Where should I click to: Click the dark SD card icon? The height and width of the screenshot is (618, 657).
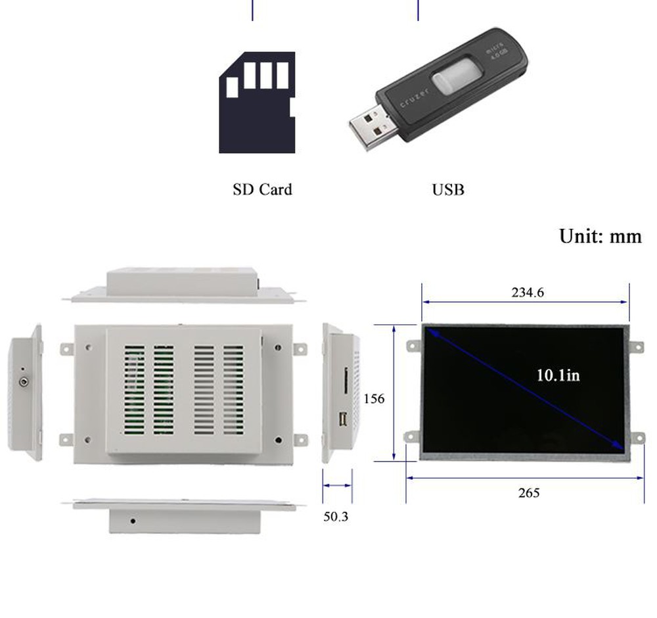257,105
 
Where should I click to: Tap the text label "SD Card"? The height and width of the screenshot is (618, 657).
262,189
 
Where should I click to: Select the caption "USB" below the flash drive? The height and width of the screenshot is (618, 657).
448,190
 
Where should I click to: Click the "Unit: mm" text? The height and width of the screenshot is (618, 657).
600,236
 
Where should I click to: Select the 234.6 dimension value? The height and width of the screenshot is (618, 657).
528,293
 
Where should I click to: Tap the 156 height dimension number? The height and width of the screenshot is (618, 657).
373,398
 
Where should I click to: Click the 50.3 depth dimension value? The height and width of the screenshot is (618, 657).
336,517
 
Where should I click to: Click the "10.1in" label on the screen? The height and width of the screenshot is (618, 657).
558,375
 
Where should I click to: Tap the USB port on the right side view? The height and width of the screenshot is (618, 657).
342,419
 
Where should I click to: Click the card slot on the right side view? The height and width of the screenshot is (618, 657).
345,381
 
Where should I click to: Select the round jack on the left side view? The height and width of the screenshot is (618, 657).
24,381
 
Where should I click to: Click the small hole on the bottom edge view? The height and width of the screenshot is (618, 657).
133,521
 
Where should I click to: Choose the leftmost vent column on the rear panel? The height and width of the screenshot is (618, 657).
135,391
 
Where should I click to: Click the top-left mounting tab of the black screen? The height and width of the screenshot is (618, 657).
413,345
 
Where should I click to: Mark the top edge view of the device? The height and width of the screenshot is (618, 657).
184,284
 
